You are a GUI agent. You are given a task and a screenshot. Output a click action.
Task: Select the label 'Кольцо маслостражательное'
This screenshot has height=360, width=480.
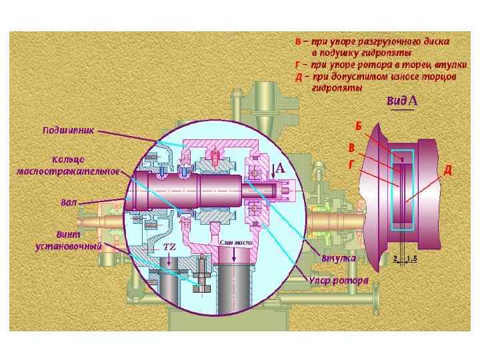pos(67,166)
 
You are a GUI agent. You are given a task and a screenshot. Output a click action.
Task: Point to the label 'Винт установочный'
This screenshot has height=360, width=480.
pos(68,240)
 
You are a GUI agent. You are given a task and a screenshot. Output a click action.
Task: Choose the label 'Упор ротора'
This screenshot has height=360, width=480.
pos(337,281)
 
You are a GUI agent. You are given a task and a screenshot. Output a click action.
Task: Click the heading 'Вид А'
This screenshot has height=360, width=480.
pos(402,101)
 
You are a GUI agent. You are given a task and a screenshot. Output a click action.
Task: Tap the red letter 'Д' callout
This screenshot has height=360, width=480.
pos(448,170)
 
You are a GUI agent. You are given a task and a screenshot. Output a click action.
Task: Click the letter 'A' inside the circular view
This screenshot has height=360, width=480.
pos(281,170)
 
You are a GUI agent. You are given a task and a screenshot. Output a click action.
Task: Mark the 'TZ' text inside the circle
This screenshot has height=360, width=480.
pos(169,247)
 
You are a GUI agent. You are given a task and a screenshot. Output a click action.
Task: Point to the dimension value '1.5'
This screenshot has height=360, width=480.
pos(413,258)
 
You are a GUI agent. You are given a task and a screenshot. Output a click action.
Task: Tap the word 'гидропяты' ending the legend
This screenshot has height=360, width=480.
pos(337,87)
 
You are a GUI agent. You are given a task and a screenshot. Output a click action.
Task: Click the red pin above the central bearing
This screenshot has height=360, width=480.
pos(215,157)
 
